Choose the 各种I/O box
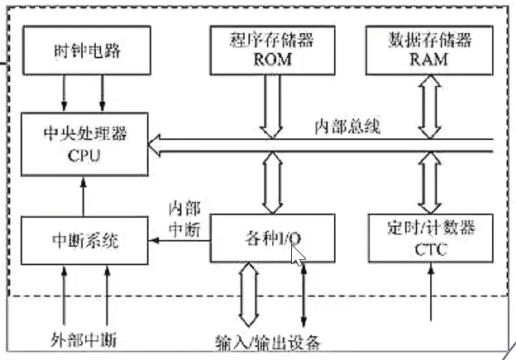point(273,238)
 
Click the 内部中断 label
point(184,218)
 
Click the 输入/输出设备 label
point(267,342)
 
